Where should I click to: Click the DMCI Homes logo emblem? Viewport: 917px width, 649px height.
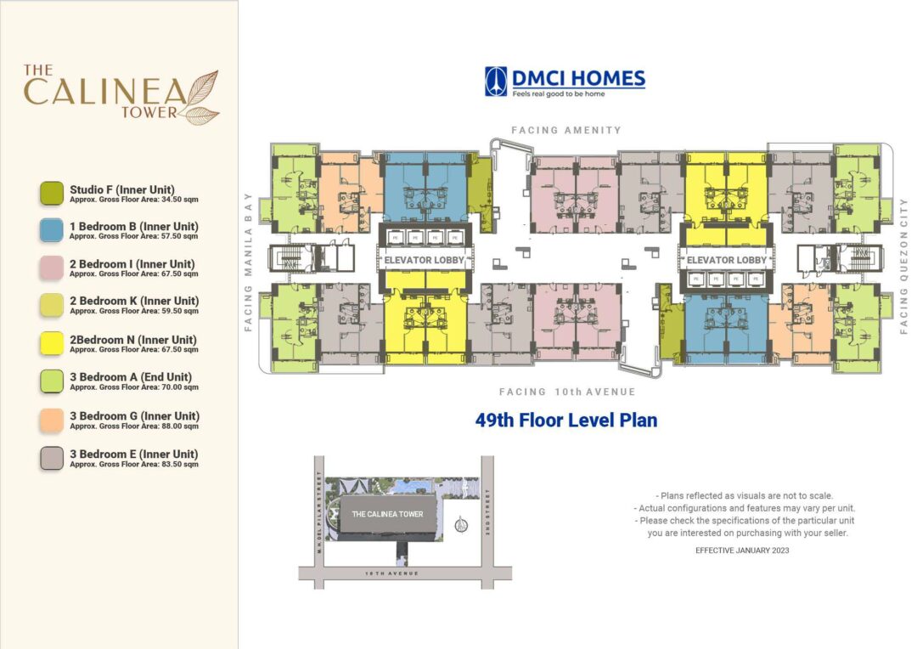tap(496, 81)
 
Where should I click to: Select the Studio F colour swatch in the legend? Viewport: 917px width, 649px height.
tap(52, 193)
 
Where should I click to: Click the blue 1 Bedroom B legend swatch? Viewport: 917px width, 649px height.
tap(52, 230)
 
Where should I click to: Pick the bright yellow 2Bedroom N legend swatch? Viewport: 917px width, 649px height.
tap(52, 344)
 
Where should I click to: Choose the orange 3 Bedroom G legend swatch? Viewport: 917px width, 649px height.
tap(52, 420)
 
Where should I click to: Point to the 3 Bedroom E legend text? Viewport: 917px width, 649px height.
tap(134, 454)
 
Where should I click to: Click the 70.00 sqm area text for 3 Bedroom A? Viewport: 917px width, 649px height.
tap(134, 387)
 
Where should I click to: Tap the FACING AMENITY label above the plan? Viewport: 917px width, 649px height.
tap(565, 130)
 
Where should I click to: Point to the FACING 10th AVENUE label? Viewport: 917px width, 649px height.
tap(567, 392)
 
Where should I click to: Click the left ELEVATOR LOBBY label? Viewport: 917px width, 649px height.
tap(421, 260)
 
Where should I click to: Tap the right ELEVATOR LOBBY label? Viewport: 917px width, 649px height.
tap(726, 260)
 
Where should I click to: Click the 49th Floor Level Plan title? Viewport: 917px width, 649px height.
tap(565, 420)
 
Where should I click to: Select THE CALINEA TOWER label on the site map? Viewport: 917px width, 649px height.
tap(387, 514)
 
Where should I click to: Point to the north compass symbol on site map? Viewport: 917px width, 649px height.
tap(461, 524)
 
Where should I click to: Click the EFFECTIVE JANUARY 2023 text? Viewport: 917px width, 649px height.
tap(742, 550)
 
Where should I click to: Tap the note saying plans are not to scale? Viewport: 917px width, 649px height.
tap(744, 495)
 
